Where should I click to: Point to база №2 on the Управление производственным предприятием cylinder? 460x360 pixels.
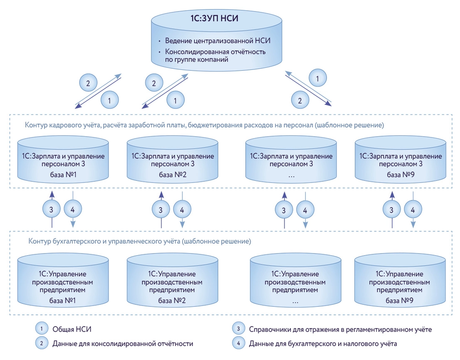pos(172,300)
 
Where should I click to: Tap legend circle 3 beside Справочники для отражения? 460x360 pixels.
pos(238,329)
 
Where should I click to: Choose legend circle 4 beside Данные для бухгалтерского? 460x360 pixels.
pos(238,343)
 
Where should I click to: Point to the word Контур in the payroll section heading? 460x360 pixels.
pos(36,125)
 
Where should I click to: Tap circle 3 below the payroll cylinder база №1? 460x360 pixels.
pos(51,210)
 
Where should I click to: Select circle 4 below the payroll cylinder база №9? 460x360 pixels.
pos(413,210)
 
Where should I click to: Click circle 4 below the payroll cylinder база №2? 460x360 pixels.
pos(182,210)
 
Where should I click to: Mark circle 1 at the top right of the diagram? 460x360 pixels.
pos(318,77)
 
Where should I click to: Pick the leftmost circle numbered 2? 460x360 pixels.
pos(88,84)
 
